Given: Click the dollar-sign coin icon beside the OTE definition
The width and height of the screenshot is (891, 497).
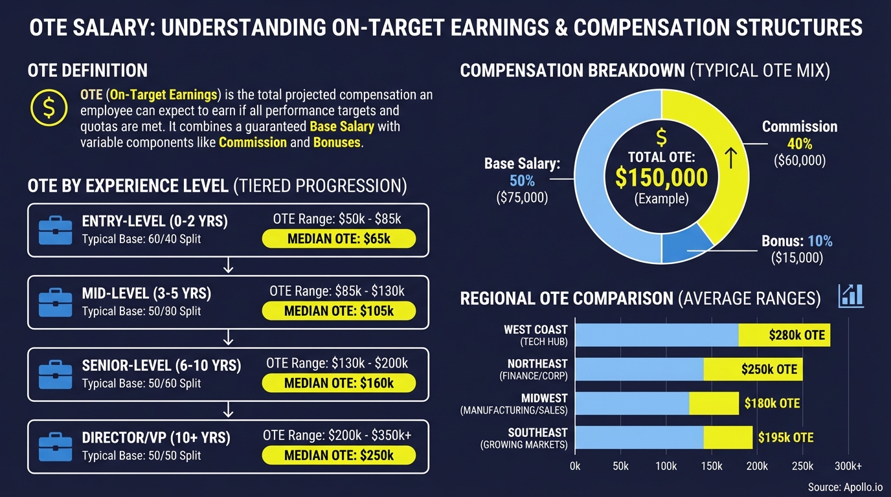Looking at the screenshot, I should pyautogui.click(x=49, y=108).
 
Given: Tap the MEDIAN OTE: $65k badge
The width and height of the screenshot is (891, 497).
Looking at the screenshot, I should pyautogui.click(x=338, y=239).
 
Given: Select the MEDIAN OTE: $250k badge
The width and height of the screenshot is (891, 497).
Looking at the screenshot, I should pyautogui.click(x=338, y=455).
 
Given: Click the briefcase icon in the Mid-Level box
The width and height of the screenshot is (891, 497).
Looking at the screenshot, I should pyautogui.click(x=55, y=304).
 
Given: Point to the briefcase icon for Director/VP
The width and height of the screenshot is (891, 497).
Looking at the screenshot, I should pyautogui.click(x=55, y=448).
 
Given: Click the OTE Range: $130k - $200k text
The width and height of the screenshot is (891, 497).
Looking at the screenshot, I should pyautogui.click(x=337, y=363).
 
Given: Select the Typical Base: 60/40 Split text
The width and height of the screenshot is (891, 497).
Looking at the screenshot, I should pyautogui.click(x=141, y=239).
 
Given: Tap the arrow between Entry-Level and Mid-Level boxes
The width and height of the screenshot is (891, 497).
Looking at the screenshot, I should pyautogui.click(x=228, y=266).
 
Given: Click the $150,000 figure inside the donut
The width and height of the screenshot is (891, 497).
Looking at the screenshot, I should pyautogui.click(x=661, y=177).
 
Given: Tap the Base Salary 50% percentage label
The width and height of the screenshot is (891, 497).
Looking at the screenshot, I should pyautogui.click(x=522, y=181).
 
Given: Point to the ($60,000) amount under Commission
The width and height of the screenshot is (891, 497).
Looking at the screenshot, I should pyautogui.click(x=799, y=160).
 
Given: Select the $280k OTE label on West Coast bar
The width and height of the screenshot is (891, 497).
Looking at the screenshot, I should pyautogui.click(x=796, y=335).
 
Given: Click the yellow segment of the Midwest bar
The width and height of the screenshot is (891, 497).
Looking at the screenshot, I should pyautogui.click(x=714, y=403).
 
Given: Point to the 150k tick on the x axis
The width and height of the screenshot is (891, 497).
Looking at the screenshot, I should pyautogui.click(x=711, y=466).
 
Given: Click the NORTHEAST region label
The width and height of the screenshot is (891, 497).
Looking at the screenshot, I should pyautogui.click(x=537, y=364).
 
